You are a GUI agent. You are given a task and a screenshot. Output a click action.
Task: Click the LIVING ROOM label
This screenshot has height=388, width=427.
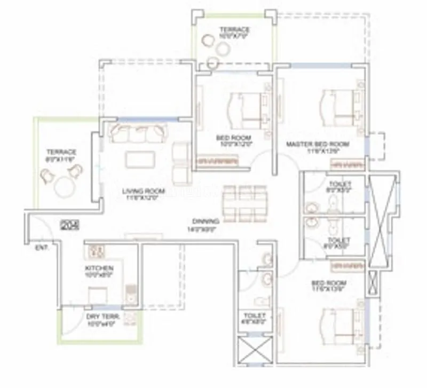143,191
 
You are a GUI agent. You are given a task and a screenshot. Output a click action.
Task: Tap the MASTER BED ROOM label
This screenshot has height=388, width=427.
318,144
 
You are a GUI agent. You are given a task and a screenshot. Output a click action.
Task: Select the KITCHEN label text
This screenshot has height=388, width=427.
99,267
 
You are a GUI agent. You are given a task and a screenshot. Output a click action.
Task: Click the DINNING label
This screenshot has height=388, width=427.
206,220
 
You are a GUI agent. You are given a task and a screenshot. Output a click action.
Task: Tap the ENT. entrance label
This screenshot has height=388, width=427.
41,248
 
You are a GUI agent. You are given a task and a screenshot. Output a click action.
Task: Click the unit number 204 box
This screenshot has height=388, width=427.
70,225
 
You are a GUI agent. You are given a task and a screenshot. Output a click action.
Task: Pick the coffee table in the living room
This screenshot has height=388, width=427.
141,160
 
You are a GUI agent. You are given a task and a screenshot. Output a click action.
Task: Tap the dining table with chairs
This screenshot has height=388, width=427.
244,203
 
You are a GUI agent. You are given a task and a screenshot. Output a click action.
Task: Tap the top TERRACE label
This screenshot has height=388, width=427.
234,29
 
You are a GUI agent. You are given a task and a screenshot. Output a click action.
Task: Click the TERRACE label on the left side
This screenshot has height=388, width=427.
61,152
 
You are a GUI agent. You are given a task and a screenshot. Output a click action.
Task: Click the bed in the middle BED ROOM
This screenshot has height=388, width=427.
246,108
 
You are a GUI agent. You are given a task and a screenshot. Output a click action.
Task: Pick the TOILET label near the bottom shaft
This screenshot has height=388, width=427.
255,316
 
